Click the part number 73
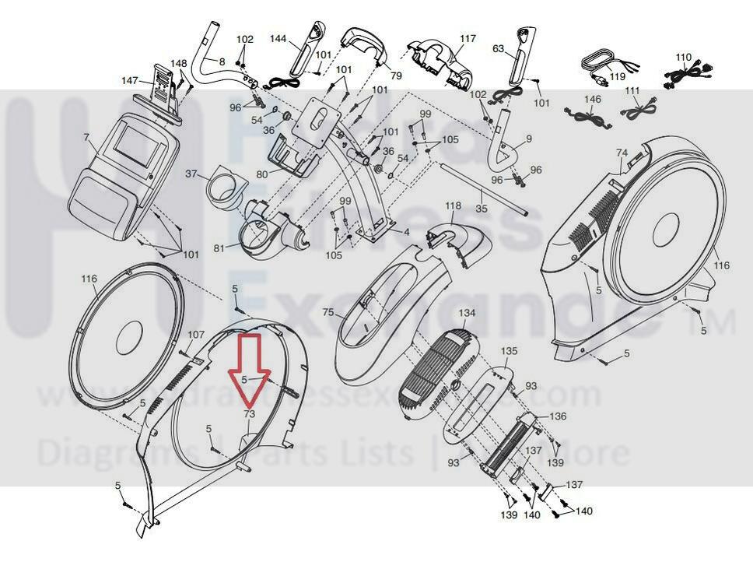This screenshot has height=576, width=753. tap(249, 414)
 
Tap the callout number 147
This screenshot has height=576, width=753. tap(129, 81)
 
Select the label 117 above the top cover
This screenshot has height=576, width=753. tap(468, 38)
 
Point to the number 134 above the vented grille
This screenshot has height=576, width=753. tap(466, 313)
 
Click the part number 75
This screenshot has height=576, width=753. tap(327, 312)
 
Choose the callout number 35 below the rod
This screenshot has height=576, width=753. tap(481, 209)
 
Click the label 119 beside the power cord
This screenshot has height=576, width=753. tap(617, 77)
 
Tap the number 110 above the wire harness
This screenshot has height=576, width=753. tap(683, 58)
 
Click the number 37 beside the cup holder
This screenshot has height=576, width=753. tap(191, 174)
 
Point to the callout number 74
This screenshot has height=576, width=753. tap(622, 153)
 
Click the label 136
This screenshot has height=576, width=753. tap(558, 416)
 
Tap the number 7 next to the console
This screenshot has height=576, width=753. tap(86, 138)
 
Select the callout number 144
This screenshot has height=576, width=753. tap(278, 38)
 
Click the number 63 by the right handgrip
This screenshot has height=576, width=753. tap(499, 49)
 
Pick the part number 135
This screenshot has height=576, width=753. tap(509, 351)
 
